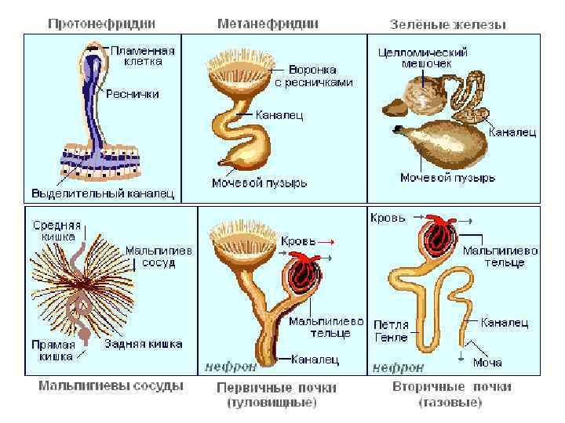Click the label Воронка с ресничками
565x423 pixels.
(x=314, y=75)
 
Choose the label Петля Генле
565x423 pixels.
(x=391, y=331)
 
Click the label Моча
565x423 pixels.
(x=487, y=363)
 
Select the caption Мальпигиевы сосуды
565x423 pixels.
(x=111, y=385)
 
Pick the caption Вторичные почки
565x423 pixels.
(x=451, y=387)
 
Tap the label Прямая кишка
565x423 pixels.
(x=53, y=350)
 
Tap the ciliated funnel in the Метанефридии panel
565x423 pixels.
(x=235, y=71)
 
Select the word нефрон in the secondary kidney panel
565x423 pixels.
(x=398, y=366)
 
